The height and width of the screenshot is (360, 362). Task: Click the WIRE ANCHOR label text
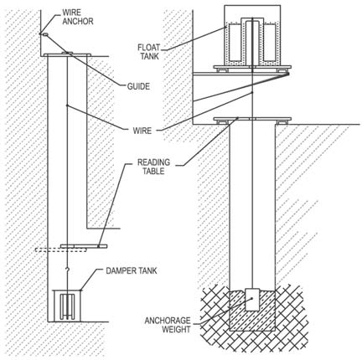tap(78, 17)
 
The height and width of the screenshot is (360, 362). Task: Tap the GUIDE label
tap(138, 86)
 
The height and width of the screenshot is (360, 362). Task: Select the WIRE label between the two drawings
tap(142, 131)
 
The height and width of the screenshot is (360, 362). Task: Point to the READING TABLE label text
tap(153, 167)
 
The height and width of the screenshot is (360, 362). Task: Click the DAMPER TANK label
tap(132, 270)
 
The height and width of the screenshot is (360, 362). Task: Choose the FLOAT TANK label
tap(149, 52)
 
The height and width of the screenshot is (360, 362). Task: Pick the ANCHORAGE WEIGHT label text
tap(168, 325)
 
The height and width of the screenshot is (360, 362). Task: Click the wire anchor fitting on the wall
tap(44, 34)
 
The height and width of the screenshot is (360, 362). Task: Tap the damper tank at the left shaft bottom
tap(67, 306)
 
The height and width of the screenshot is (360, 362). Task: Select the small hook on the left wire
tap(67, 270)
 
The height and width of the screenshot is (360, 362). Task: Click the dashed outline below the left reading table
tap(60, 250)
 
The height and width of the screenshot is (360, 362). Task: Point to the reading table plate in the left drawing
tap(84, 246)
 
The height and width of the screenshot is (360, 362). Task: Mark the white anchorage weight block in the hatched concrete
tap(252, 300)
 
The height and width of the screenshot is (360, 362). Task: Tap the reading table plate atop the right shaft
tap(252, 119)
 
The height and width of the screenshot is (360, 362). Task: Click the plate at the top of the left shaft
tap(67, 54)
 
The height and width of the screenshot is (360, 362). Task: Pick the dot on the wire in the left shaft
tap(67, 105)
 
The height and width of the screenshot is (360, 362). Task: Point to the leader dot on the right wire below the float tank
tap(252, 92)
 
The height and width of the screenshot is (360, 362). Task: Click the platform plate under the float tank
tap(252, 67)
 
